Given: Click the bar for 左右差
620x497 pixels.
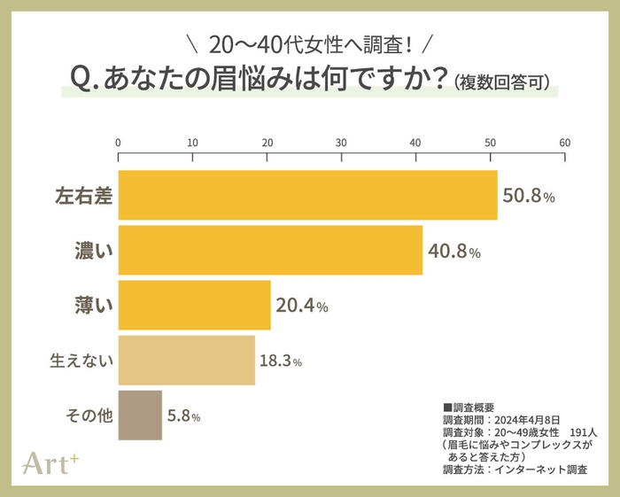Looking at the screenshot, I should [x=307, y=195].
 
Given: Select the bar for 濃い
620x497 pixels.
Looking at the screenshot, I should [x=270, y=251].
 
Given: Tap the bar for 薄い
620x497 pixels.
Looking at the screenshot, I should [x=194, y=306].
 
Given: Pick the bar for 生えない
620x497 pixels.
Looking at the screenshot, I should [x=186, y=361].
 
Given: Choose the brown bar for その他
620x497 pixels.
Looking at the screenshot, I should [x=140, y=415].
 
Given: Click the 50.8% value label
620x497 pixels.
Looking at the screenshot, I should [x=529, y=197].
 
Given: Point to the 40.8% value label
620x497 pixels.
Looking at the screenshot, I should [x=454, y=252].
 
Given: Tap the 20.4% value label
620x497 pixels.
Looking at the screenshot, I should [x=302, y=307].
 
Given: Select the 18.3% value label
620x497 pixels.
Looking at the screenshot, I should [x=281, y=361].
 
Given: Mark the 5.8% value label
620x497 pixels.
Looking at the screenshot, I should [x=183, y=415].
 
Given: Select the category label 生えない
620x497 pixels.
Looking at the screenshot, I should [x=82, y=361].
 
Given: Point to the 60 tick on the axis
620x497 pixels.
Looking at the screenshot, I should [x=564, y=143].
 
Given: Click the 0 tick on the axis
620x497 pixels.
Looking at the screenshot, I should [x=118, y=143].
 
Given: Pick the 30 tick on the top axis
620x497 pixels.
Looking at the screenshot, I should [x=341, y=143].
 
